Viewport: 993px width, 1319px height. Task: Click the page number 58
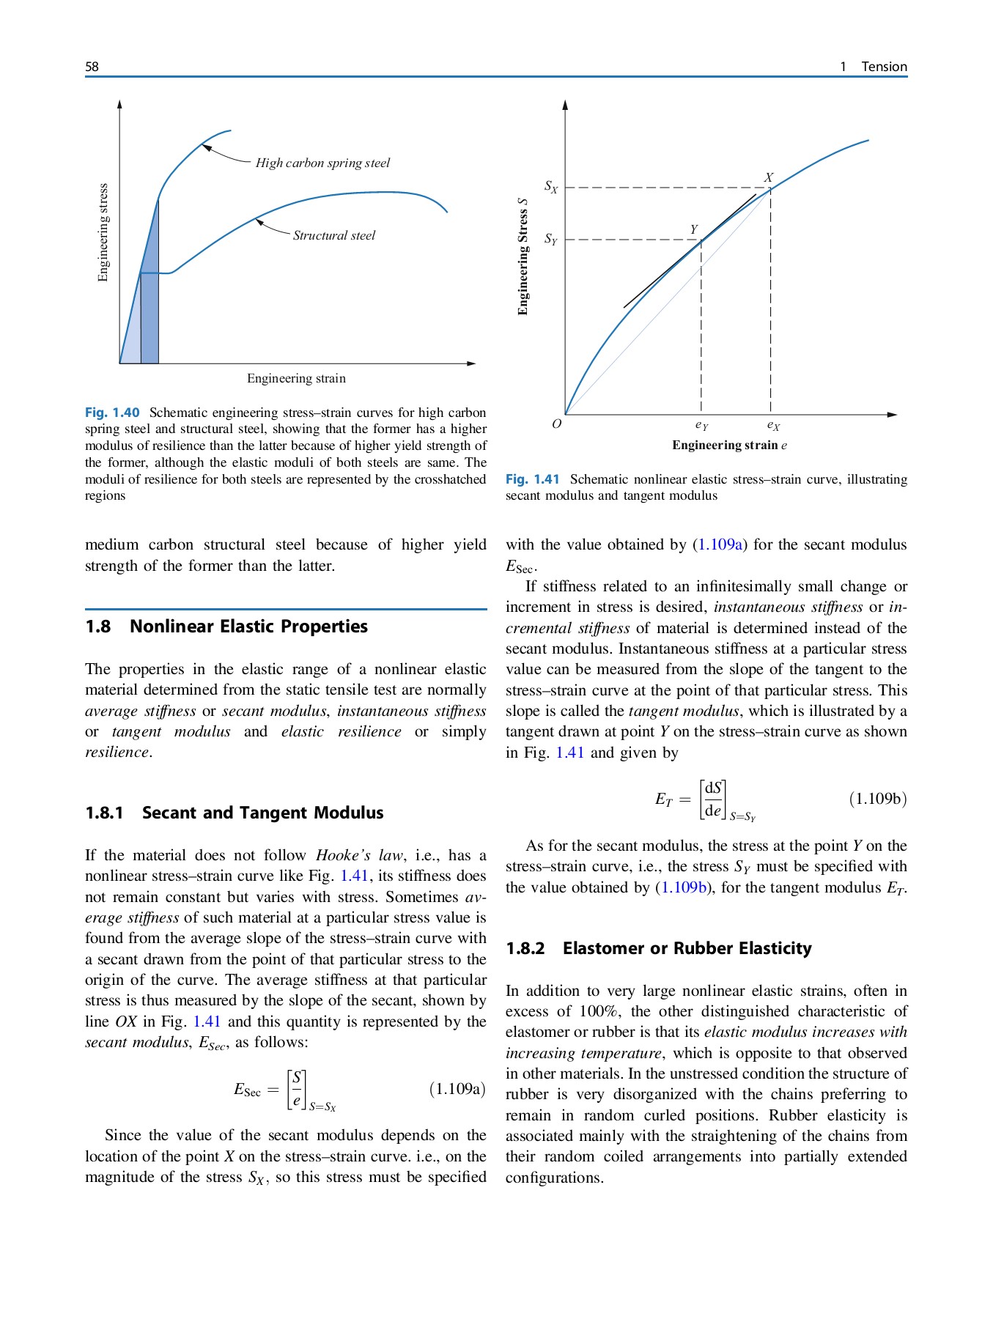click(x=92, y=67)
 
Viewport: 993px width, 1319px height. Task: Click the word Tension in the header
click(x=884, y=67)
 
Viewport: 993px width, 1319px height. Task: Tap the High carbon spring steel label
click(x=322, y=163)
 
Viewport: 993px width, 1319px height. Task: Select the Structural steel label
click(x=333, y=235)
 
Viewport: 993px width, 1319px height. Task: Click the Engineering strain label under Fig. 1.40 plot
click(x=296, y=378)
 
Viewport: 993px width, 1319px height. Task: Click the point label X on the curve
click(x=768, y=177)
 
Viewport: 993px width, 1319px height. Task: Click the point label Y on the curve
click(x=693, y=229)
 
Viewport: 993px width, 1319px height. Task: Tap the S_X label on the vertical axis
click(x=550, y=187)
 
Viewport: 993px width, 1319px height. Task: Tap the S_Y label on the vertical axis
click(x=550, y=240)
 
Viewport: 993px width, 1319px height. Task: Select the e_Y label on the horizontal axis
click(x=701, y=425)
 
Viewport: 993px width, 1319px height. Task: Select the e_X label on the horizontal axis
click(x=773, y=425)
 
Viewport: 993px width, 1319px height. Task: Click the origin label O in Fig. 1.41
click(x=556, y=424)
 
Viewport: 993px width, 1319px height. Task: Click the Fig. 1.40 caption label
click(x=112, y=413)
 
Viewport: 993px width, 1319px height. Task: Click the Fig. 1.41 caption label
click(x=533, y=479)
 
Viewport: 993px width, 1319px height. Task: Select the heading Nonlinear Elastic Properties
click(x=248, y=627)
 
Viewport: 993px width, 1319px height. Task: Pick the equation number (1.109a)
click(x=457, y=1089)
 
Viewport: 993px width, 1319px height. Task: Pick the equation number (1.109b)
click(x=877, y=799)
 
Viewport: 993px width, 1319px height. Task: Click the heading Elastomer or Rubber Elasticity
click(x=687, y=948)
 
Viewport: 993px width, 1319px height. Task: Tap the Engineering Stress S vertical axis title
click(x=523, y=256)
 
